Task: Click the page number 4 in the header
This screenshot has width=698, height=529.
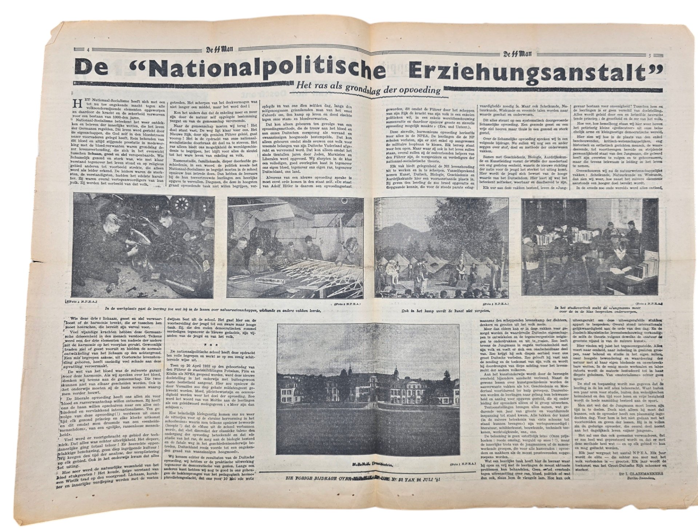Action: (88, 50)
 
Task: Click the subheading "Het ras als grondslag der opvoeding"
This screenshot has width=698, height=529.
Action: (368, 90)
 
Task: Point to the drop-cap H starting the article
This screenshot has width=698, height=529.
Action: (76, 103)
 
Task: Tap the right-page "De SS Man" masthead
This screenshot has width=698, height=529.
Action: (517, 55)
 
